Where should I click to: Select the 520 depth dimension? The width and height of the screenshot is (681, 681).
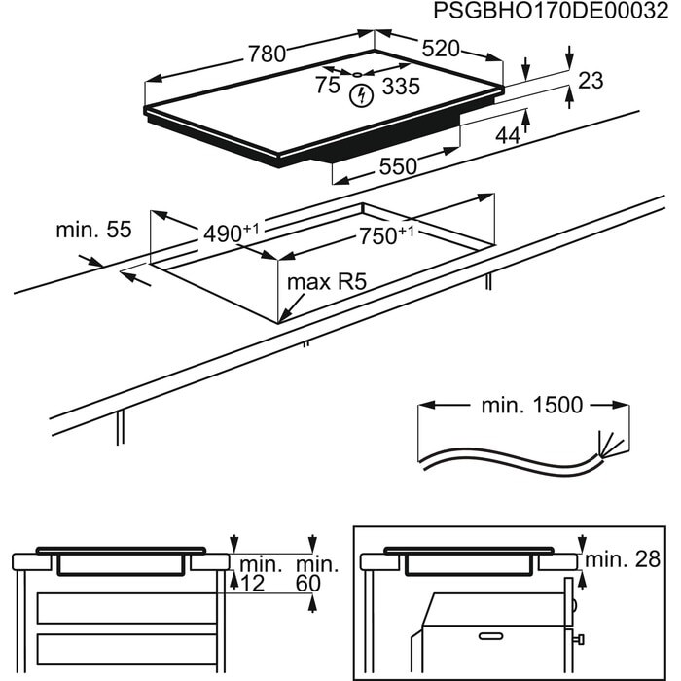coord(440,48)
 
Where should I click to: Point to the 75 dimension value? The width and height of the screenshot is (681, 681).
coord(328,86)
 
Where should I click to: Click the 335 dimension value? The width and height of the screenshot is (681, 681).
coord(400,87)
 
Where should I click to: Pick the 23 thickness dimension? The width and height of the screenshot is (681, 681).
coord(591,81)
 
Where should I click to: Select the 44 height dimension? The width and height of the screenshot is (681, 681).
coord(508,136)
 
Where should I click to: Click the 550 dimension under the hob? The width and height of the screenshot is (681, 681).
coord(398,166)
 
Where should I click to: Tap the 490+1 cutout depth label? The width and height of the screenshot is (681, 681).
coord(232,234)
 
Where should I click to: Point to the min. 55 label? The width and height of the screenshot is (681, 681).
coord(92,231)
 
